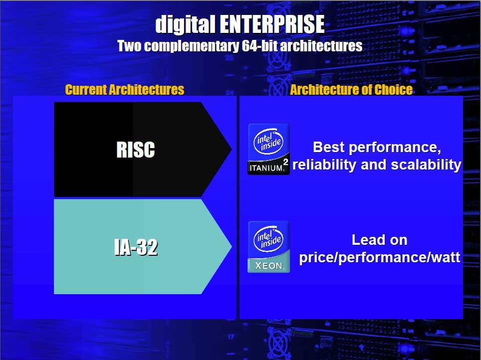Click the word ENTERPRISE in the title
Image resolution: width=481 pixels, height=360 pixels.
(x=272, y=24)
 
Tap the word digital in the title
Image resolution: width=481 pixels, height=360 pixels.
(x=185, y=24)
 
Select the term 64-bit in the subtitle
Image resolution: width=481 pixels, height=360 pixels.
(x=259, y=46)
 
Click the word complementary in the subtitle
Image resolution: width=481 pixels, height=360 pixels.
(x=192, y=46)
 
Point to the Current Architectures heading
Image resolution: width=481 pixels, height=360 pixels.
(x=125, y=90)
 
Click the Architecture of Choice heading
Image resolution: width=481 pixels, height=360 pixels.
(x=351, y=90)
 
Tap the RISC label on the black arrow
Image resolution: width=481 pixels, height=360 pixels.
(x=136, y=150)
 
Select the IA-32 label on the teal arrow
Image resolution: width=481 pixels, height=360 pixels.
(x=136, y=247)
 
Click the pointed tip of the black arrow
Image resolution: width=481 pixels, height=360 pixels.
(x=231, y=150)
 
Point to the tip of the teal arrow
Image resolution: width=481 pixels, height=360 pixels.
(x=232, y=246)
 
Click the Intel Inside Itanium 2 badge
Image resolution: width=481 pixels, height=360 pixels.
(x=268, y=149)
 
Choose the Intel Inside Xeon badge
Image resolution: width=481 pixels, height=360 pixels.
(x=268, y=246)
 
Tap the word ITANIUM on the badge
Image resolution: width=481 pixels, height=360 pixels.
(x=266, y=169)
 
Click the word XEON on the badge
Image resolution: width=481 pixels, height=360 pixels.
(x=269, y=266)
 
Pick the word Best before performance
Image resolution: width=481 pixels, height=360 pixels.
(x=329, y=147)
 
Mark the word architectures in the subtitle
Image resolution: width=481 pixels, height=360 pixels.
(x=321, y=46)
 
